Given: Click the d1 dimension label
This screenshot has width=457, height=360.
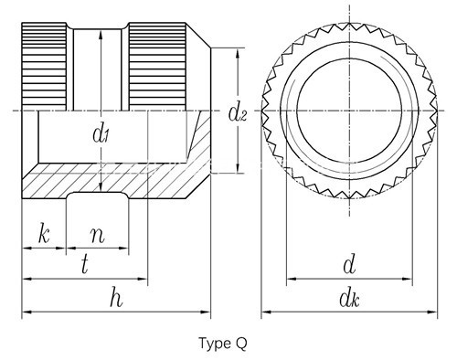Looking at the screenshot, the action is tap(101, 134).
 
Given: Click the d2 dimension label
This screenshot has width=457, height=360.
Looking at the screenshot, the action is tap(238, 113).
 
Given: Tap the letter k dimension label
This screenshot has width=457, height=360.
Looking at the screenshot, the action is tap(44, 234).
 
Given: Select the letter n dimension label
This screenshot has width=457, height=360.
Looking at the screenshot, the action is tap(98, 236).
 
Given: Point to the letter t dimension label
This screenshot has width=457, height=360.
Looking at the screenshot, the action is tap(85, 265).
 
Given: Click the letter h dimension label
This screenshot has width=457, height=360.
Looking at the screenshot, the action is tap(116, 298).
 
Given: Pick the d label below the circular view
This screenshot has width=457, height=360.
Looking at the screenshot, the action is tap(349, 265).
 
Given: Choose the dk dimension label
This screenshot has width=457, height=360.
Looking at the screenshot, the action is tap(349, 299).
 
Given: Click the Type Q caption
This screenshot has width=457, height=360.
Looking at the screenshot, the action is tap(223, 344).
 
